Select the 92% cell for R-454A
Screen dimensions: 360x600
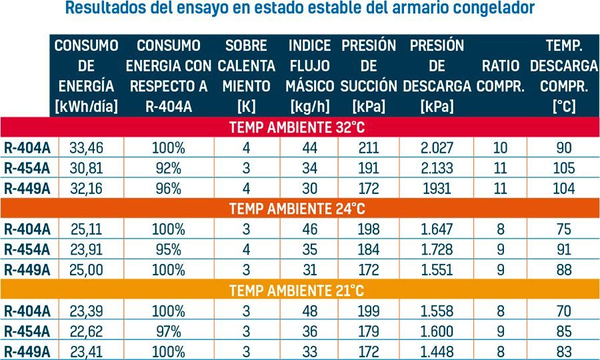[x=169, y=168]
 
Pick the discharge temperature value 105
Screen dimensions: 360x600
[x=563, y=168]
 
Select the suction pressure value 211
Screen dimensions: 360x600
[x=368, y=148]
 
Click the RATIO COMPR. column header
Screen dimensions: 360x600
[x=500, y=76]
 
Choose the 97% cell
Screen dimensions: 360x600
[x=169, y=331]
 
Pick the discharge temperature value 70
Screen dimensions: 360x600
[x=563, y=311]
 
